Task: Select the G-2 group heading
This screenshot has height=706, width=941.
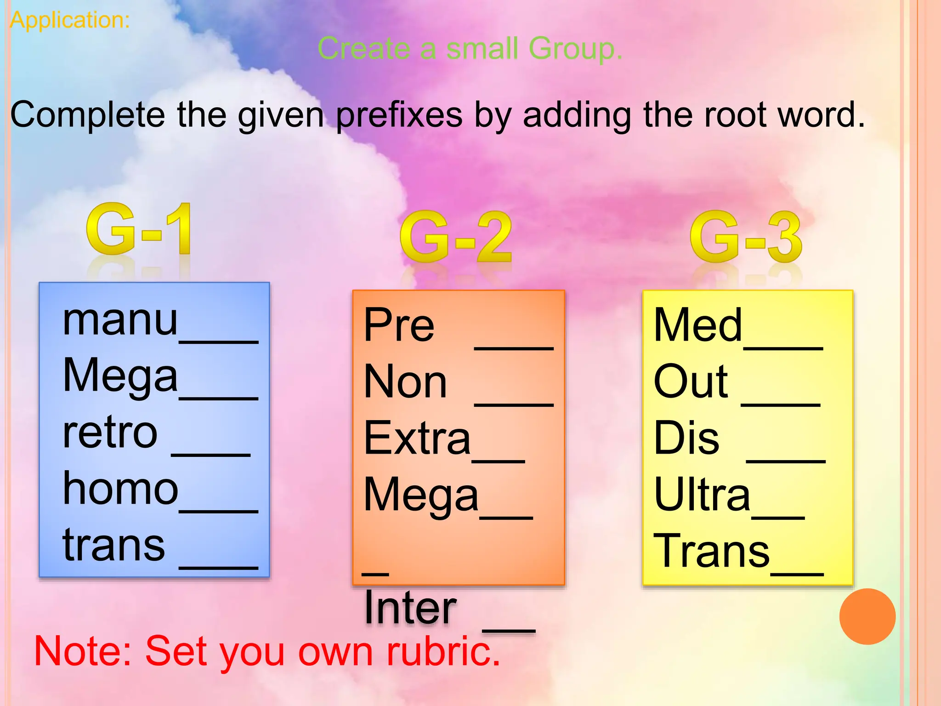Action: click(455, 237)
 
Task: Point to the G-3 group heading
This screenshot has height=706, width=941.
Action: click(746, 237)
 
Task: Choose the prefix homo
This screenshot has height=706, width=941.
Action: click(120, 489)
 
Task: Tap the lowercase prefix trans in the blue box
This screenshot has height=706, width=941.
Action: click(113, 546)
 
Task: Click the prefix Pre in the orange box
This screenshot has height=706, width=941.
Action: click(399, 325)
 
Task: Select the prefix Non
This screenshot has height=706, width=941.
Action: click(405, 382)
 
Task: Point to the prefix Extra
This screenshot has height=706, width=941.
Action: click(417, 438)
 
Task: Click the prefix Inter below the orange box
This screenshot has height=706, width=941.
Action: click(410, 608)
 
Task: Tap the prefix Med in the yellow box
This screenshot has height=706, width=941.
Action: click(697, 325)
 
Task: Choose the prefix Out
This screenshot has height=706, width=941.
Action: click(691, 381)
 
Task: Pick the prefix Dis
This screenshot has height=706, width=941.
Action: click(686, 438)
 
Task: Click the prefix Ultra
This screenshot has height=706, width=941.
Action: click(702, 495)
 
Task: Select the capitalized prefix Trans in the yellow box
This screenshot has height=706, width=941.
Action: click(711, 551)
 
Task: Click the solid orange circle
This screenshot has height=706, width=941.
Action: click(867, 616)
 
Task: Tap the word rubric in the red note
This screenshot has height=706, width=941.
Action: click(443, 651)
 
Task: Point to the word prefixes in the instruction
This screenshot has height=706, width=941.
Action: click(399, 115)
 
